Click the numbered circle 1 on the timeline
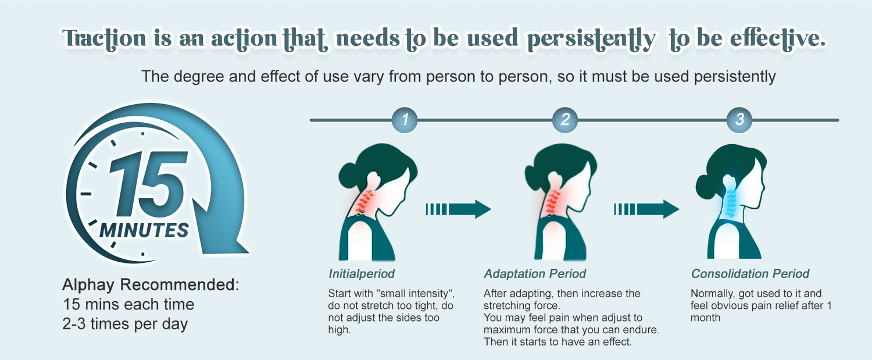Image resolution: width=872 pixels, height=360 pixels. [405, 120]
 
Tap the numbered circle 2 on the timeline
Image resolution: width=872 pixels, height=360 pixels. [565, 120]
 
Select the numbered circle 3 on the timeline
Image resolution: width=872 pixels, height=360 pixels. [739, 120]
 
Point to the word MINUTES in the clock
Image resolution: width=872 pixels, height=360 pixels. [144, 230]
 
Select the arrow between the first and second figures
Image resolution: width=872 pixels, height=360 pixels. [459, 209]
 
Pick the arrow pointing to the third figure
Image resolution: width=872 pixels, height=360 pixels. [646, 209]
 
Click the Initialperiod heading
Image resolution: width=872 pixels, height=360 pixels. [362, 274]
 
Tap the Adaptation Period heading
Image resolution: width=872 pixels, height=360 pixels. [535, 274]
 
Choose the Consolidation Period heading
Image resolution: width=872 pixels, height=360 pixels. [750, 274]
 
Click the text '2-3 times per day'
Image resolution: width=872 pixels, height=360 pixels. [126, 324]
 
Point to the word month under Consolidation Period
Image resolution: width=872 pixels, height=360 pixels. [705, 318]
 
